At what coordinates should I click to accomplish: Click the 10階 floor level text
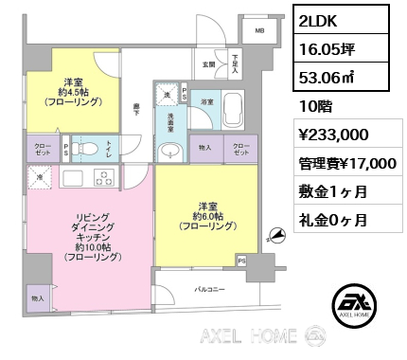pyautogui.click(x=314, y=107)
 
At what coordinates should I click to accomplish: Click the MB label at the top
pyautogui.click(x=258, y=31)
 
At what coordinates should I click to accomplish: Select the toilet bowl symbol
pyautogui.click(x=80, y=149)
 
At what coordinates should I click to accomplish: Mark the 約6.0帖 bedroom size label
pyautogui.click(x=210, y=216)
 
